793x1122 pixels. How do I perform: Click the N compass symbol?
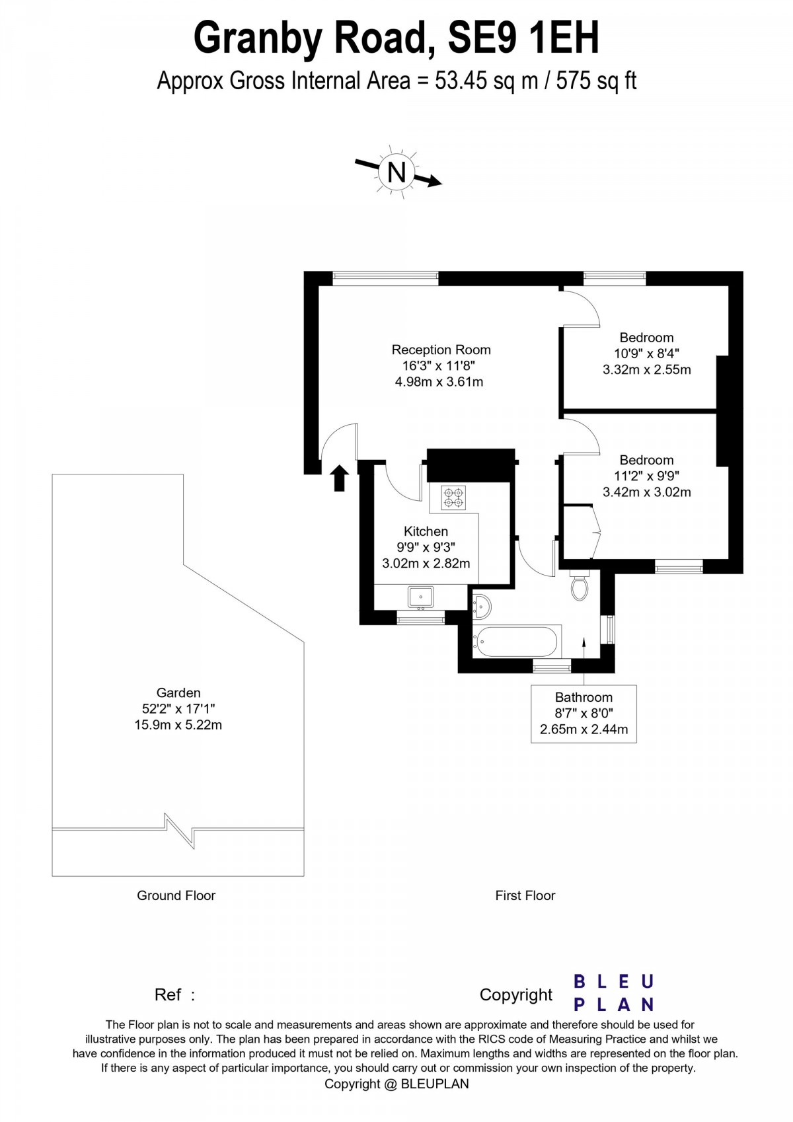397,172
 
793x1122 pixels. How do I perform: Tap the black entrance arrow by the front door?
339,477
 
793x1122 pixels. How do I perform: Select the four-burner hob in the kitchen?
453,497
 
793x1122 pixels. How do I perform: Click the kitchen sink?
420,597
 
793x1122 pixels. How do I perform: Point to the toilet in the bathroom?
580,587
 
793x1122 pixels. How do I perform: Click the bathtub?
517,641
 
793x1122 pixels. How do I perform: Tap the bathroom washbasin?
481,604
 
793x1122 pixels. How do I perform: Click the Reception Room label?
441,350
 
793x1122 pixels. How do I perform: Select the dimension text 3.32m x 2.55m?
646,369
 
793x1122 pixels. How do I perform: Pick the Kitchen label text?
426,531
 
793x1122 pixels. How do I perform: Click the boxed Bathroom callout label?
584,714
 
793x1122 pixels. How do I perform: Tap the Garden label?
178,692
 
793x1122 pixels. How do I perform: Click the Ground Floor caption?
176,895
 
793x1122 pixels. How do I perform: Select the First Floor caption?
525,895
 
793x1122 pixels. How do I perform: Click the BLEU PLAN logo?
613,993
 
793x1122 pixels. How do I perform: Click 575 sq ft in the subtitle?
596,81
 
